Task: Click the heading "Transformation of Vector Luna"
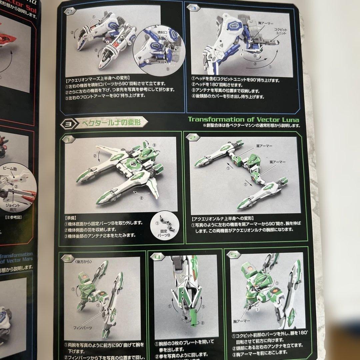pos(244,120)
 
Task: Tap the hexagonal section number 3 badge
pos(66,124)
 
